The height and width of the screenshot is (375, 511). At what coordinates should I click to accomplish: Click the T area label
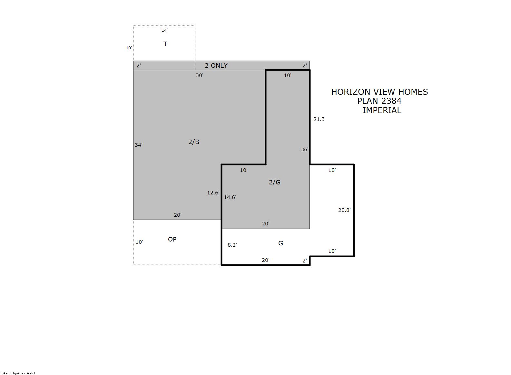[165, 44]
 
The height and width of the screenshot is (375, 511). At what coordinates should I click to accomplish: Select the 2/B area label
[194, 142]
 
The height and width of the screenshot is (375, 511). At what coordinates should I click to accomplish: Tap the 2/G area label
[275, 182]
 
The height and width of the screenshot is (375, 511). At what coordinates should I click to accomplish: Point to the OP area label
[172, 239]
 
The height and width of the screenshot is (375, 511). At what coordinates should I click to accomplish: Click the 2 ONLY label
[216, 66]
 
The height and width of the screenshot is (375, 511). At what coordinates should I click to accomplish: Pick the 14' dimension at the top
[165, 30]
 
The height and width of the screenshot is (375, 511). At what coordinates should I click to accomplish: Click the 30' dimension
[200, 75]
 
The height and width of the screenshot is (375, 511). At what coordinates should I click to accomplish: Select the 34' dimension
[139, 145]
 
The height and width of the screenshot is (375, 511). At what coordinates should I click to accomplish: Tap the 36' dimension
[305, 149]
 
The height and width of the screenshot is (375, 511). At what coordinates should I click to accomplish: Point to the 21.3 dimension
[319, 119]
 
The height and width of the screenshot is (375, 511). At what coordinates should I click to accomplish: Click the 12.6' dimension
[213, 193]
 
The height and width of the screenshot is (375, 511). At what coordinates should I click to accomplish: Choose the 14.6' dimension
[230, 197]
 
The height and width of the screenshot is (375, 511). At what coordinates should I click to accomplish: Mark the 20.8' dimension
[344, 210]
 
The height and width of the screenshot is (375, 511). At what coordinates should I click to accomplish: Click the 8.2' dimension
[232, 245]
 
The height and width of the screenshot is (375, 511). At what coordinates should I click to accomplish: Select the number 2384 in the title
[390, 101]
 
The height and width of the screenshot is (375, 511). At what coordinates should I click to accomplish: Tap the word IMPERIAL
[382, 110]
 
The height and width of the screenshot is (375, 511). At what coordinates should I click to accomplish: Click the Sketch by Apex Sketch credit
[19, 373]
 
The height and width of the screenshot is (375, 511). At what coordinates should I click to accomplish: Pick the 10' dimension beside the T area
[129, 48]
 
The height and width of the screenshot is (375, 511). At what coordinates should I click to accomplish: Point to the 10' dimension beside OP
[139, 242]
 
